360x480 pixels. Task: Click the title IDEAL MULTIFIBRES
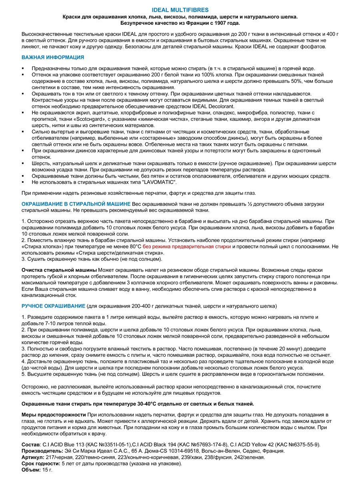[180, 10]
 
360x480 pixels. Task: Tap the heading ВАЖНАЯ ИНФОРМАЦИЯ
[52, 58]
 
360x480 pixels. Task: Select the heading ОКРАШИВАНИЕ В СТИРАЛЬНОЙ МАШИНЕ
[76, 204]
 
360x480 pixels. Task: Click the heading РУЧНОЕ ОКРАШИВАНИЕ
[53, 306]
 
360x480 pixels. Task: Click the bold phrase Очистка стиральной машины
[59, 270]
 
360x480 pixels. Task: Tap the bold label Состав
[30, 444]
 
